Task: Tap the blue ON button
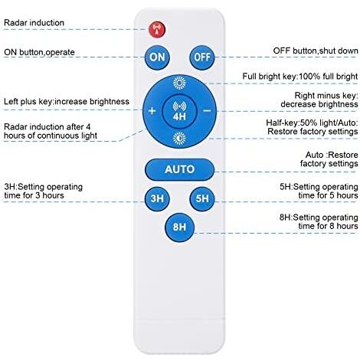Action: (x=157, y=57)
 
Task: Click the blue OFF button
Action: (x=202, y=57)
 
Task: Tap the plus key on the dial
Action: (x=152, y=111)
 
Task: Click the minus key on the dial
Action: (x=207, y=111)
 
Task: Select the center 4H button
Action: (x=179, y=112)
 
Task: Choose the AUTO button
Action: (x=179, y=169)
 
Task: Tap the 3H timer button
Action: (x=157, y=198)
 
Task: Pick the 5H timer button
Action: (x=202, y=198)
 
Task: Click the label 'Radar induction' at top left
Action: (x=34, y=23)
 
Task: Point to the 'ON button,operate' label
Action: (x=39, y=52)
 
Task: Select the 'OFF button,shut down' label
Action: (x=316, y=51)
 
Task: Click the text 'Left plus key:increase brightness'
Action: (x=67, y=101)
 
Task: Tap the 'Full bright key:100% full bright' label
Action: (x=300, y=76)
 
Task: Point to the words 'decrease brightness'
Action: (x=319, y=104)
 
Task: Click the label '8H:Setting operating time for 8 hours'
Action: (x=319, y=221)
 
